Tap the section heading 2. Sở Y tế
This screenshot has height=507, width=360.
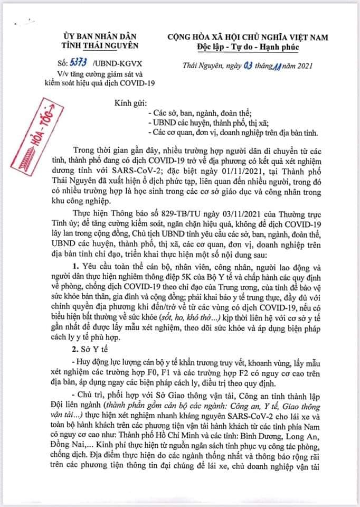(x=91, y=333)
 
